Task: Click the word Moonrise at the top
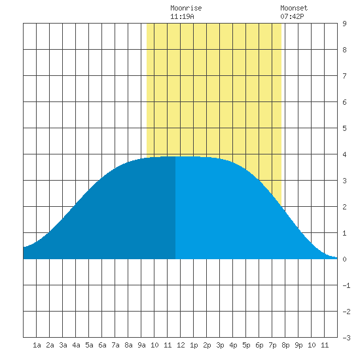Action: point(186,8)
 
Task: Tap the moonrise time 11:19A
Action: point(182,16)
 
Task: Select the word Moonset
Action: point(294,8)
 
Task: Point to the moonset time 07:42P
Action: point(292,16)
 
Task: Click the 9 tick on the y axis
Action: point(344,24)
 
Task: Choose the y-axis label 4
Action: point(344,154)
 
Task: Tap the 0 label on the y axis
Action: point(344,259)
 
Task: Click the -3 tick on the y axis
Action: point(346,338)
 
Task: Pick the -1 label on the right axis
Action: point(346,285)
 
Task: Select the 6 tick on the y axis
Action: point(344,102)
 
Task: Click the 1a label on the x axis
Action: point(37,345)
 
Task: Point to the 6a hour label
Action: point(102,345)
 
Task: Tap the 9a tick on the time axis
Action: point(141,345)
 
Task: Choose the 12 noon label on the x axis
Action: point(181,345)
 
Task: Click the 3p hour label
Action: point(220,345)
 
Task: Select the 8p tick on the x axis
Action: point(285,345)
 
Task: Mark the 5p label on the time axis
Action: point(246,345)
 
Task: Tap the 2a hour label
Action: point(50,345)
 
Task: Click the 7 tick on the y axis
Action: point(344,76)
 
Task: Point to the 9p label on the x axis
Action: point(298,345)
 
